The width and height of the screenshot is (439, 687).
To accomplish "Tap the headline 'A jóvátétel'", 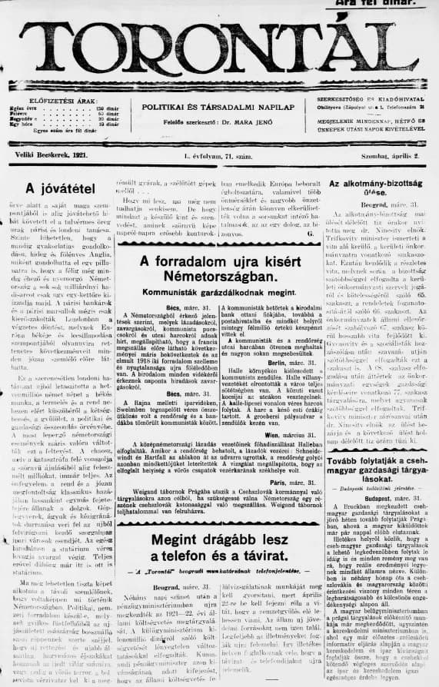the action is pyautogui.click(x=55, y=188).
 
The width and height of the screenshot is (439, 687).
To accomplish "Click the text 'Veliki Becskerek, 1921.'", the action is pyautogui.click(x=46, y=155).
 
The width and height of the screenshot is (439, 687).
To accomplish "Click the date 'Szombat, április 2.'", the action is pyautogui.click(x=391, y=155).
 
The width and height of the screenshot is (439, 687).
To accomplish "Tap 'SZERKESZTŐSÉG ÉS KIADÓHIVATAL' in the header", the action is pyautogui.click(x=371, y=101).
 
